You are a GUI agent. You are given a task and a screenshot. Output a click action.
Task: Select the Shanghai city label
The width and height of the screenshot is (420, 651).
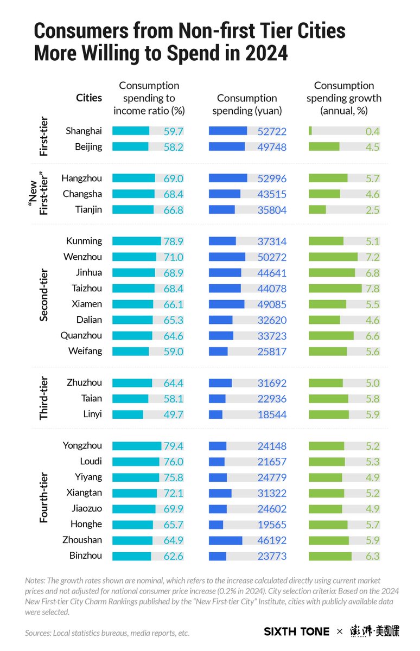(84, 131)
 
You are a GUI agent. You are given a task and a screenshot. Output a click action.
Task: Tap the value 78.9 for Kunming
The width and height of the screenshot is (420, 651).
(174, 241)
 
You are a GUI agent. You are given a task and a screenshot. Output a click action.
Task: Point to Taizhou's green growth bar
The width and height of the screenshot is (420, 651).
(335, 288)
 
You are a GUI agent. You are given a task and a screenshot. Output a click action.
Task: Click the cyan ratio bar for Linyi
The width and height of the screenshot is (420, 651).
(128, 414)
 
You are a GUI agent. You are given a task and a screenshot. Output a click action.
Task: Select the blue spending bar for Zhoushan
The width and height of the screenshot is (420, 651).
(225, 540)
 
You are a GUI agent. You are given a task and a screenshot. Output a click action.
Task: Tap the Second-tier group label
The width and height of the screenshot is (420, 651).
(44, 296)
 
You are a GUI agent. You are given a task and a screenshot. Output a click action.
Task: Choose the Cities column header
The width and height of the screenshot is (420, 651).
(89, 98)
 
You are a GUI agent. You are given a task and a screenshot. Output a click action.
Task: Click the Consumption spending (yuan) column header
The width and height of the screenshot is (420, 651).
(247, 104)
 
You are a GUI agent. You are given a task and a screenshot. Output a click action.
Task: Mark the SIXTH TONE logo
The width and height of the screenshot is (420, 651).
(296, 631)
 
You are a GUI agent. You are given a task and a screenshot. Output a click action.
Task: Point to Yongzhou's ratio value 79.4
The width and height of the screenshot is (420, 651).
(174, 446)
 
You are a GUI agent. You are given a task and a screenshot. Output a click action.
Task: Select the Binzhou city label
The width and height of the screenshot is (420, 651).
(85, 556)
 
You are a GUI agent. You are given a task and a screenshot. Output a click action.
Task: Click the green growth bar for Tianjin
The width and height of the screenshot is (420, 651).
(317, 209)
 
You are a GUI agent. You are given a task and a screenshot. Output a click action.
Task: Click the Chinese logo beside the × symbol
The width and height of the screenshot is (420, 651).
(374, 631)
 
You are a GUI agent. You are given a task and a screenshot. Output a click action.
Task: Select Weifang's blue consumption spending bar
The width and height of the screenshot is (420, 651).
(218, 351)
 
